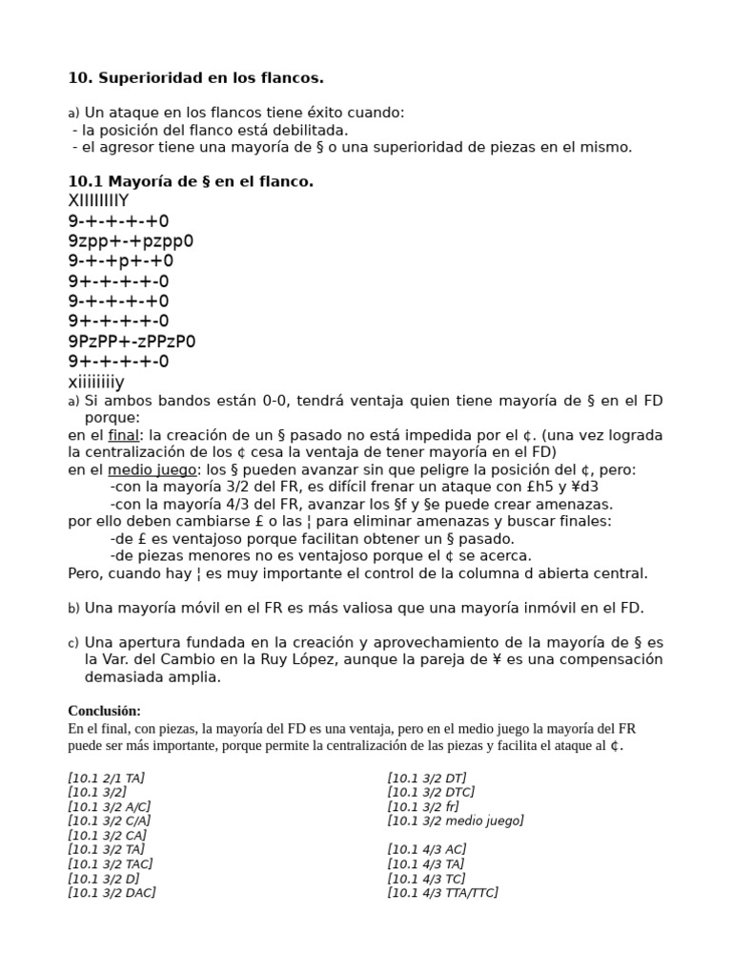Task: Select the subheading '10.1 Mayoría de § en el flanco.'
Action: tap(191, 181)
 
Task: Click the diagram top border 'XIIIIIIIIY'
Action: tap(98, 200)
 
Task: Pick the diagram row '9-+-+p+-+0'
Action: tap(121, 260)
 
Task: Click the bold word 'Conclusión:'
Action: tap(104, 711)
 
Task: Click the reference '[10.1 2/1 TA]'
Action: tap(106, 778)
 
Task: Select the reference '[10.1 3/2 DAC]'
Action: tap(112, 892)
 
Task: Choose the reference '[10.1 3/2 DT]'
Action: tap(427, 778)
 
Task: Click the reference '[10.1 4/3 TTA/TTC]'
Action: tap(442, 892)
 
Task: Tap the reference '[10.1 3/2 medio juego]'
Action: tap(456, 821)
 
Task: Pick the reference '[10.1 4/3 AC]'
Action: tap(426, 849)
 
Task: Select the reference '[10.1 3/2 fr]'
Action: tap(423, 806)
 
